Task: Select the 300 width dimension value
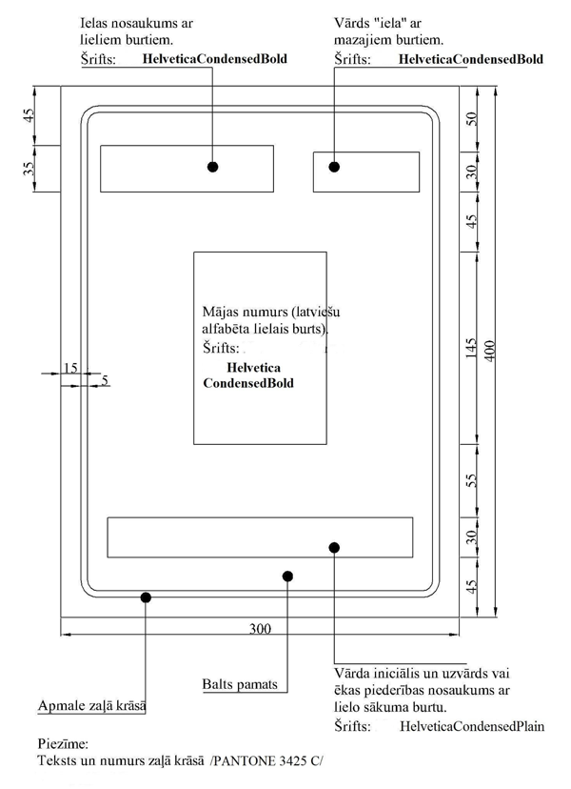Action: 260,629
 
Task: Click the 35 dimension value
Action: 30,169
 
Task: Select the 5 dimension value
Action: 105,380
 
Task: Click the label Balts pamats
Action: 240,684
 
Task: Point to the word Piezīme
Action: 62,741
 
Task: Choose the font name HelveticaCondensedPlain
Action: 472,726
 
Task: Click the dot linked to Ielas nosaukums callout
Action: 213,167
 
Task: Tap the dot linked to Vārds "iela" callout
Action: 334,167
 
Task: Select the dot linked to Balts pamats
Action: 287,576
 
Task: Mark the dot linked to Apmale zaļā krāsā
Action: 146,597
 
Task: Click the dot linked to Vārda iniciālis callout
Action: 334,547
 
